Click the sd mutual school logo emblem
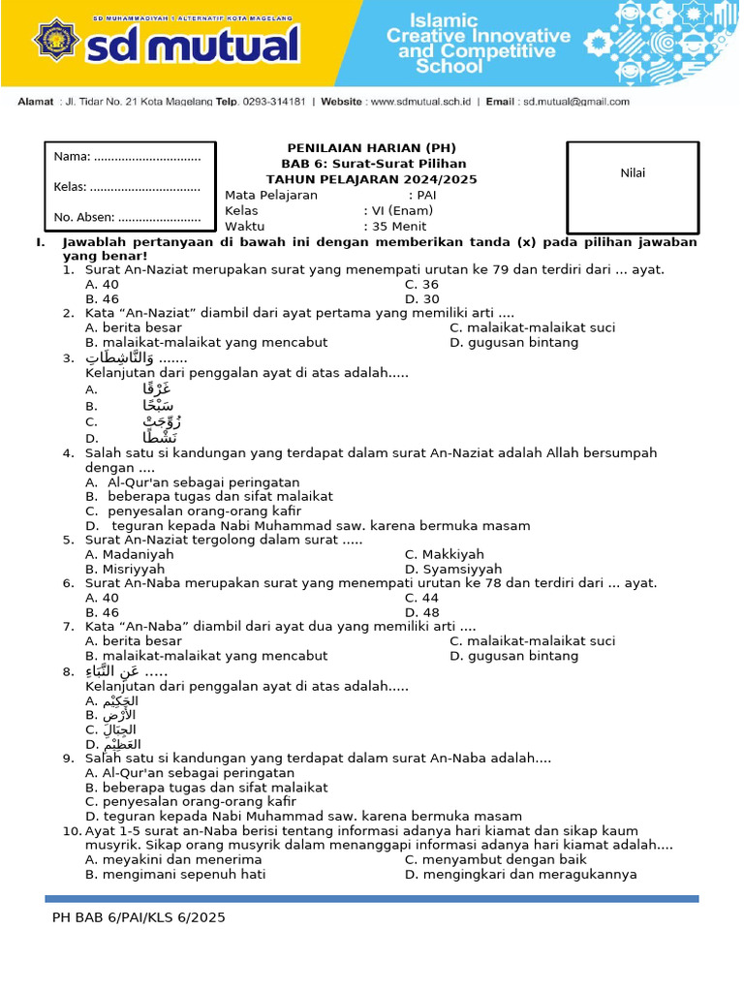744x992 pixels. pyautogui.click(x=55, y=41)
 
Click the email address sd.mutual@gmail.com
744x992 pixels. pyautogui.click(x=575, y=101)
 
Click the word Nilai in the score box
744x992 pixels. pyautogui.click(x=633, y=173)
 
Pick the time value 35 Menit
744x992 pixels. pyautogui.click(x=397, y=226)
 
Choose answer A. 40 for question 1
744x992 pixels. pyautogui.click(x=103, y=284)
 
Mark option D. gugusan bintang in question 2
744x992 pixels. pyautogui.click(x=513, y=342)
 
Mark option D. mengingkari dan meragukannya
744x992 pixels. pyautogui.click(x=520, y=874)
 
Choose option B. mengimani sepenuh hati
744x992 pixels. pyautogui.click(x=175, y=874)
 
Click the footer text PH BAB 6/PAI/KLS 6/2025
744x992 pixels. pyautogui.click(x=139, y=916)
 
